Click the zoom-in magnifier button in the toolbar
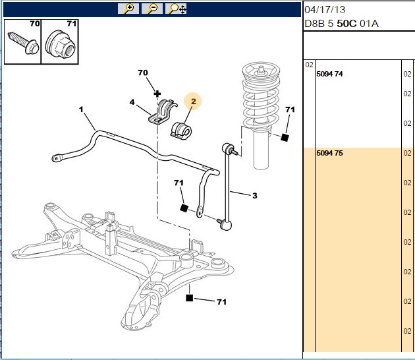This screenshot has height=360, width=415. pyautogui.click(x=128, y=9)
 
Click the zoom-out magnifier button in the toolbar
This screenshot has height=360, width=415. pyautogui.click(x=152, y=9)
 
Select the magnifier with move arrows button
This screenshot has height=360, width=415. pyautogui.click(x=176, y=9)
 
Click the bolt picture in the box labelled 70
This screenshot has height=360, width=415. pyautogui.click(x=23, y=43)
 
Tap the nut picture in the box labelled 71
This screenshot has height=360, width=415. pyautogui.click(x=61, y=44)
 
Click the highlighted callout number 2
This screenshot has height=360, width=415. pyautogui.click(x=194, y=101)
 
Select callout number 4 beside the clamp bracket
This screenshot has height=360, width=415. pyautogui.click(x=132, y=102)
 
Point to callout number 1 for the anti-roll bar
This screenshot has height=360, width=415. pyautogui.click(x=81, y=109)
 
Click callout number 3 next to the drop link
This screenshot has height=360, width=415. pyautogui.click(x=255, y=196)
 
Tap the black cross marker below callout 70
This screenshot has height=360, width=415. pyautogui.click(x=157, y=94)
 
